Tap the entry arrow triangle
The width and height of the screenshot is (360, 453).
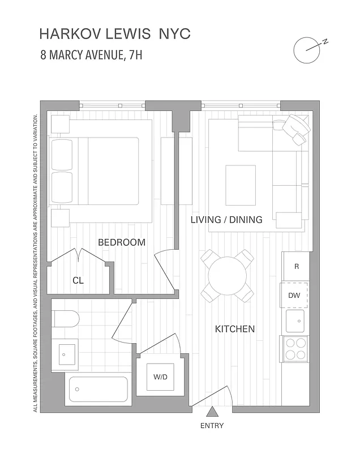click(x=212, y=412)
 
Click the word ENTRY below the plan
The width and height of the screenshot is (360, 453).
click(x=212, y=426)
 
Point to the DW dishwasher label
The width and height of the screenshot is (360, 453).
click(x=294, y=295)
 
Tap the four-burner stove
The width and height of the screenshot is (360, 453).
click(x=295, y=348)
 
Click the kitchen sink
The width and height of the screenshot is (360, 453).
click(x=295, y=321)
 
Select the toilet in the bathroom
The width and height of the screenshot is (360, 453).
click(x=65, y=319)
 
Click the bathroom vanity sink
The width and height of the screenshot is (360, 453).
click(x=64, y=354)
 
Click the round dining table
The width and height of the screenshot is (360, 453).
click(x=226, y=275)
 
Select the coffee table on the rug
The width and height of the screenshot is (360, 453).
click(x=241, y=185)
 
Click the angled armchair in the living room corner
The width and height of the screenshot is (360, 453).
click(x=294, y=130)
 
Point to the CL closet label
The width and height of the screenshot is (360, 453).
click(x=78, y=280)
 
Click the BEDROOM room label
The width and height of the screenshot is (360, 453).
click(x=122, y=242)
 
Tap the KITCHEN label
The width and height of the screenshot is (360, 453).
click(x=235, y=329)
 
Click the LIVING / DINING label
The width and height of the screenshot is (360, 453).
click(x=226, y=220)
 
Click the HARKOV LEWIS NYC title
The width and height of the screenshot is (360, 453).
click(x=115, y=34)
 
